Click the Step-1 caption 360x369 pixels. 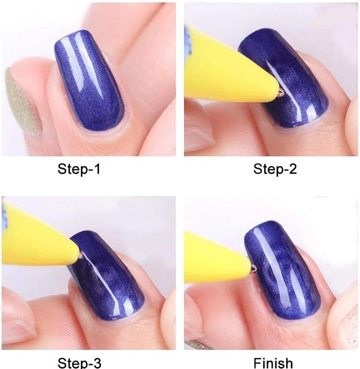(79, 169)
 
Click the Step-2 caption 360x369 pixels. (275, 169)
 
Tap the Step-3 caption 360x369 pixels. (79, 363)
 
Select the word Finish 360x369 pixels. (273, 363)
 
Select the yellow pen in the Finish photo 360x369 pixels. (216, 260)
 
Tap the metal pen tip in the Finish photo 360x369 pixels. (254, 268)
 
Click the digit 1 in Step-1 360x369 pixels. (97, 169)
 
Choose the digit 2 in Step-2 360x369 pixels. (293, 169)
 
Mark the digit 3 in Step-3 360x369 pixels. (97, 363)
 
